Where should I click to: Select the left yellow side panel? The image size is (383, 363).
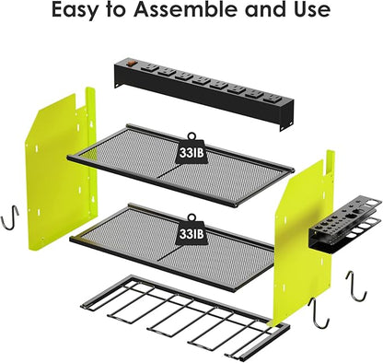[x=64, y=175]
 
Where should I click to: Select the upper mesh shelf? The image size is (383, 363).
[x=184, y=166]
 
